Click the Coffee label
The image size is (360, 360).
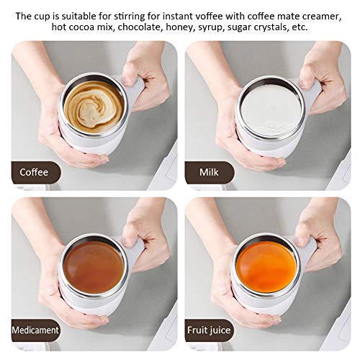coord(35,172)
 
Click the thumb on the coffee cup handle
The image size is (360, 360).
coord(134,72)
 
